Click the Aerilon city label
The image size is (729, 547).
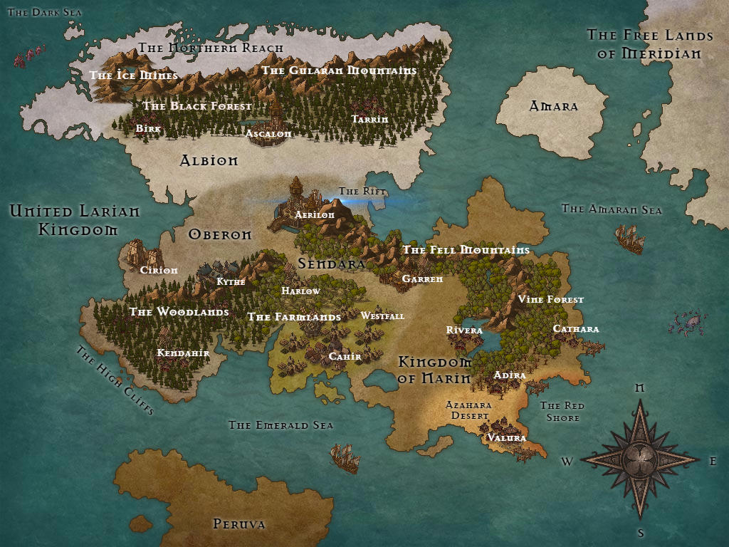[x=315, y=215]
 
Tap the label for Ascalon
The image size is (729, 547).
[x=268, y=133]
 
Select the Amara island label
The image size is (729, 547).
[x=553, y=107]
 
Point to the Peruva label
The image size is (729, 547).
[x=239, y=524]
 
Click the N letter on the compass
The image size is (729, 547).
[x=639, y=388]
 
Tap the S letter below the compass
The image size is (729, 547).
[x=641, y=533]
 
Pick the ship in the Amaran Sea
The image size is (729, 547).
[x=629, y=239]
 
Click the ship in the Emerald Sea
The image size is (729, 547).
[x=345, y=457]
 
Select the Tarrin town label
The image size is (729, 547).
[x=370, y=119]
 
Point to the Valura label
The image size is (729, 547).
[x=506, y=438]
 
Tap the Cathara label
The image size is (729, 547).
[x=576, y=329]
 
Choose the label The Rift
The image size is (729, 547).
[x=362, y=192]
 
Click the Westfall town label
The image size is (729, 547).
[x=382, y=316]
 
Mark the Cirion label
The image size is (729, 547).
[x=159, y=271]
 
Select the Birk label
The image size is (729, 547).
[x=148, y=129]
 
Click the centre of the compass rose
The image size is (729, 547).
[x=639, y=458]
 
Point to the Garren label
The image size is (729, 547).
[x=422, y=279]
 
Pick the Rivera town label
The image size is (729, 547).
[x=464, y=330]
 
